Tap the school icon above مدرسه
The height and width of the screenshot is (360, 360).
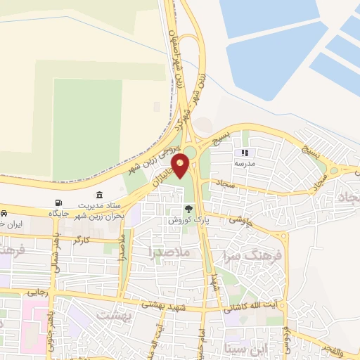click(245, 152)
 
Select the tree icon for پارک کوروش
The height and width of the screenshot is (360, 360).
click(188, 209)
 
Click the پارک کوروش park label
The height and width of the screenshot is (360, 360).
click(184, 220)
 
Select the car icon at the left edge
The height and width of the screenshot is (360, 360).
click(4, 212)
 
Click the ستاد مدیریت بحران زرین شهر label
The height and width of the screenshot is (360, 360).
click(99, 210)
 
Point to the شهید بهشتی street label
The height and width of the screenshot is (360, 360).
click(166, 304)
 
